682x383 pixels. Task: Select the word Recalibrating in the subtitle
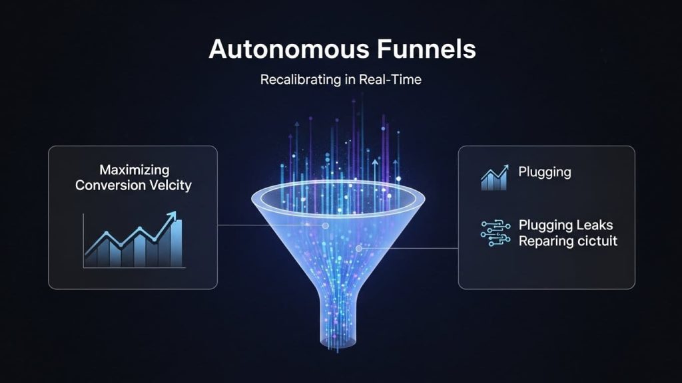pos(296,80)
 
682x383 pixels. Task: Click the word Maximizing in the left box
pos(134,171)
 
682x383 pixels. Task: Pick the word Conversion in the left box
pos(110,186)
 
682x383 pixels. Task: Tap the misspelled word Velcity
pos(170,186)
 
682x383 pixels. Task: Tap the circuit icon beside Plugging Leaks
pos(495,233)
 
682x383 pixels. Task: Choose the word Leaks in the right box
pos(597,225)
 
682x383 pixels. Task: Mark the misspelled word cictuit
pos(595,241)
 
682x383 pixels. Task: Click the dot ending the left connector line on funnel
pos(325,225)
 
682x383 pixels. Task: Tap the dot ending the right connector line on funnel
pos(359,249)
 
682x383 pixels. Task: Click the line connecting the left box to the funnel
pos(266,225)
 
